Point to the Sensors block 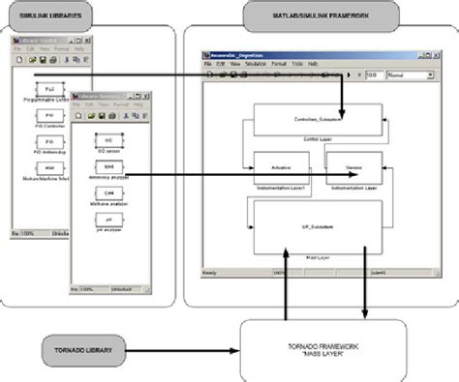(x=351, y=166)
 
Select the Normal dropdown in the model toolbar (x=408, y=73)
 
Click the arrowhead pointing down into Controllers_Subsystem (x=344, y=120)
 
